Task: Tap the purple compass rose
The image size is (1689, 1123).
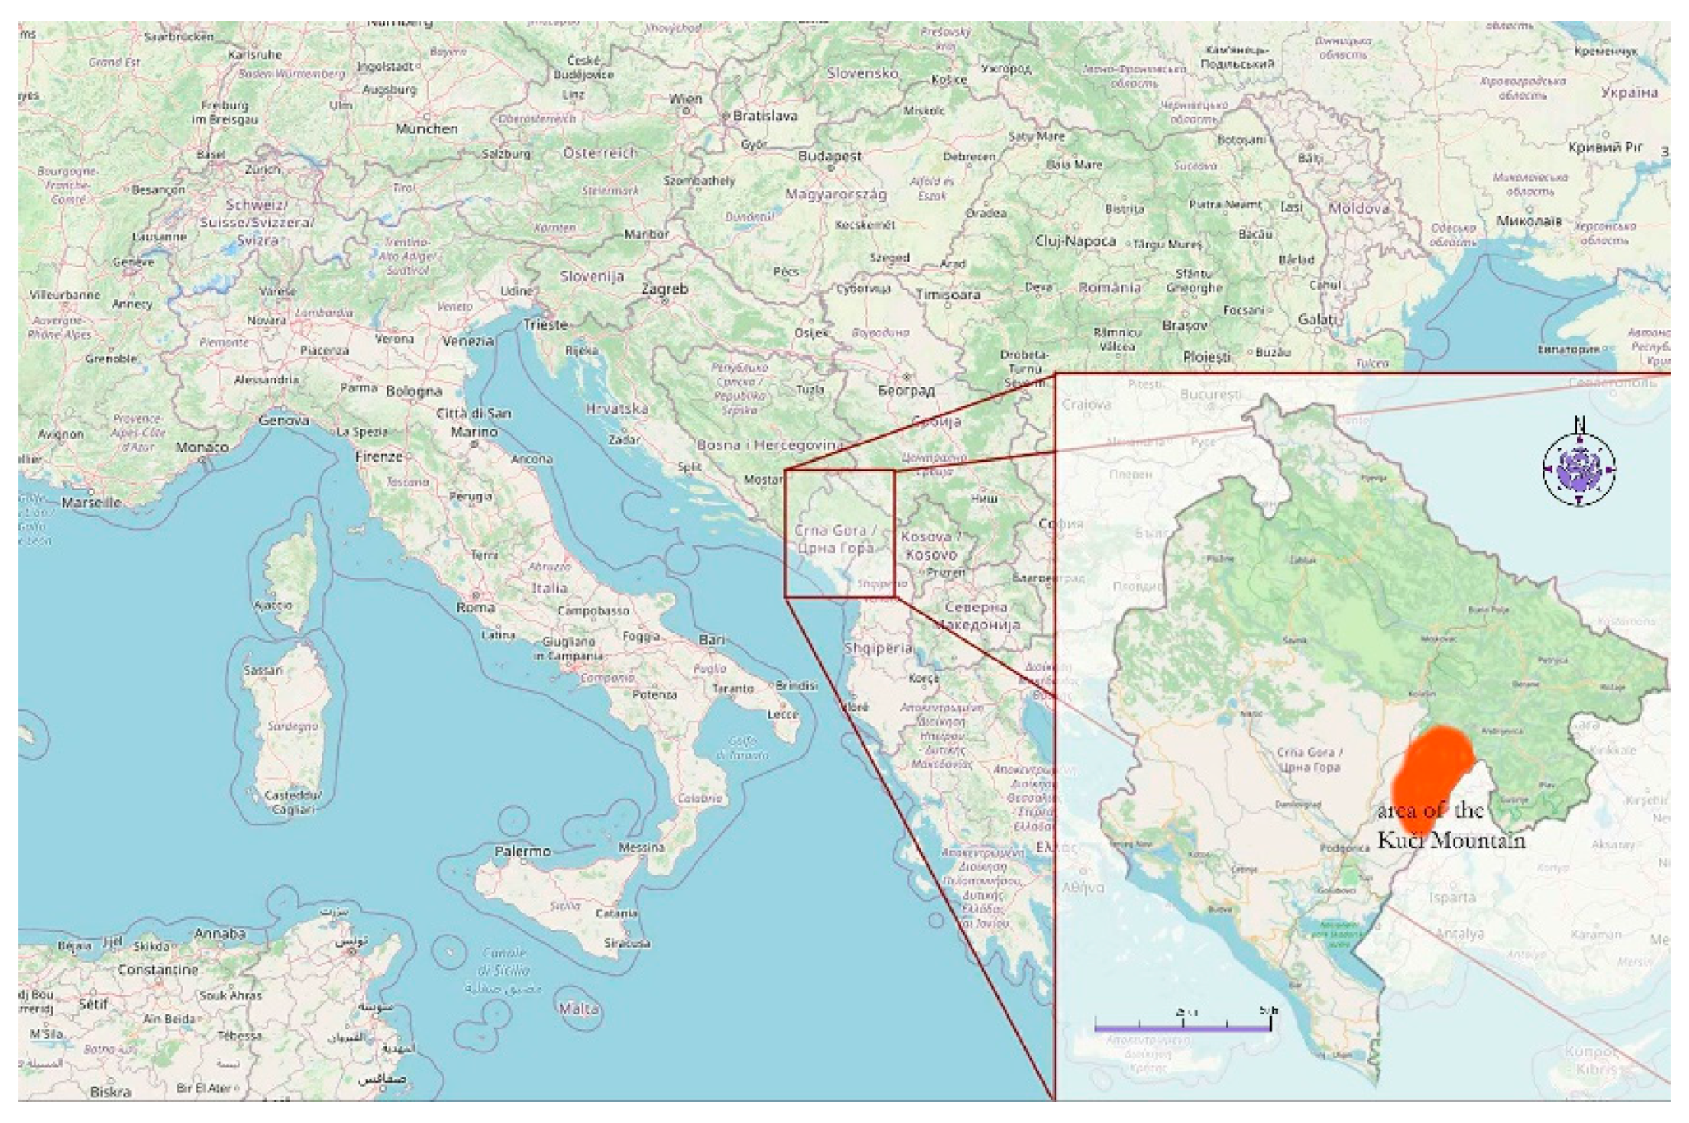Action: (1578, 469)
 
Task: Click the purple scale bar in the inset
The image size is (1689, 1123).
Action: (1182, 1027)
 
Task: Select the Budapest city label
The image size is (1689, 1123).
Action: (829, 155)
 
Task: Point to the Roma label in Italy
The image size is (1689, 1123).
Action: (476, 607)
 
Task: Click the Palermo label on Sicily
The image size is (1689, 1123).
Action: (522, 851)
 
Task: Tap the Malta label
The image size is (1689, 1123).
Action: (578, 1009)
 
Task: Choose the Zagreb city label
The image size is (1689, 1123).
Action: (664, 289)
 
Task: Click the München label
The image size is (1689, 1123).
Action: (426, 128)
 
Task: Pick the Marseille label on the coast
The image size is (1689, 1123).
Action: (90, 502)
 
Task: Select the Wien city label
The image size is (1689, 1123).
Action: (685, 99)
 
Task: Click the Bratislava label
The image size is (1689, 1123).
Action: (764, 116)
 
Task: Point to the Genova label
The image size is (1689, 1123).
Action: (284, 420)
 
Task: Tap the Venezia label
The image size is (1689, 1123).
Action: (467, 340)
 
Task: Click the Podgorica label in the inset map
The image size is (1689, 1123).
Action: (1344, 848)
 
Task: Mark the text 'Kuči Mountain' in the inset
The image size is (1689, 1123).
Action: (1451, 840)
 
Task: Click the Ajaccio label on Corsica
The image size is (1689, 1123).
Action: (272, 605)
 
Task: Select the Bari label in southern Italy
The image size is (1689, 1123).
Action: (712, 639)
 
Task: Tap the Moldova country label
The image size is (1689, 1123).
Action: (1358, 208)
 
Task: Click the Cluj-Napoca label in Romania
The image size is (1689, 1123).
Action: (1074, 241)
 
